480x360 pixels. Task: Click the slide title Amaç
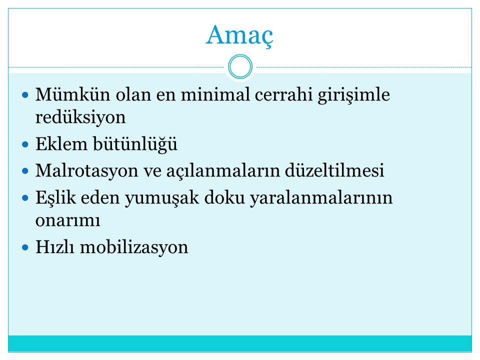(239, 36)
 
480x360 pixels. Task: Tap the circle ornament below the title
(240, 56)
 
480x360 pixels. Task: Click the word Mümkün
(72, 94)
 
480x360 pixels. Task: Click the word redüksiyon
(80, 117)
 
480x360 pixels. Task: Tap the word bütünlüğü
(135, 144)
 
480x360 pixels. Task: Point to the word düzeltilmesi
(334, 170)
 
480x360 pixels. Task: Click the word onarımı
(67, 220)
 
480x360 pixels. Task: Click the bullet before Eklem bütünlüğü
(25, 144)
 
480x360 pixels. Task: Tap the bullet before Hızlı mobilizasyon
(25, 247)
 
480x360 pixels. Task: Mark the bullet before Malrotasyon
(25, 171)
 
